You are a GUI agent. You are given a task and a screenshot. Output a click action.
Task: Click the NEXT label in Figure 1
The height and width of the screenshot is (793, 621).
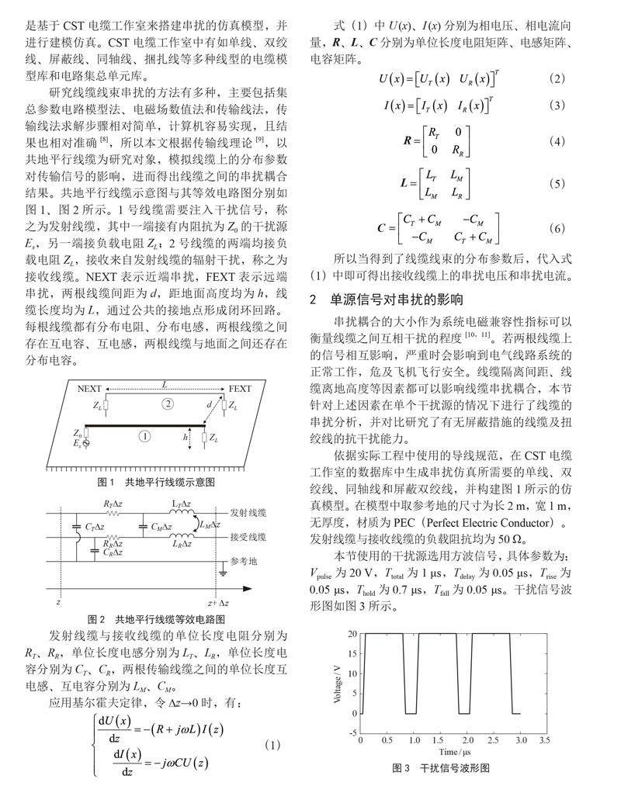[x=89, y=388]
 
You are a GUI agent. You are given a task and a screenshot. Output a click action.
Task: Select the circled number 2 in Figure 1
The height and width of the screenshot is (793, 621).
[x=165, y=403]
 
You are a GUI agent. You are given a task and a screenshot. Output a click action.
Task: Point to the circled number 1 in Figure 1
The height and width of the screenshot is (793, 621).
[x=144, y=436]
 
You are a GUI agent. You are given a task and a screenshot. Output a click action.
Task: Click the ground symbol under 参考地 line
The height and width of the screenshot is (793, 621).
[x=222, y=573]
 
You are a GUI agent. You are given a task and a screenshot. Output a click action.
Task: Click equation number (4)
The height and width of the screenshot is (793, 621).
[x=556, y=143]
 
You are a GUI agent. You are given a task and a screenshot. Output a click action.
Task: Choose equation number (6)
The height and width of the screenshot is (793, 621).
[x=556, y=229]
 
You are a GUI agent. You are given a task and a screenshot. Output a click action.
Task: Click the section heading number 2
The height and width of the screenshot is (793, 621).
[x=313, y=299]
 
